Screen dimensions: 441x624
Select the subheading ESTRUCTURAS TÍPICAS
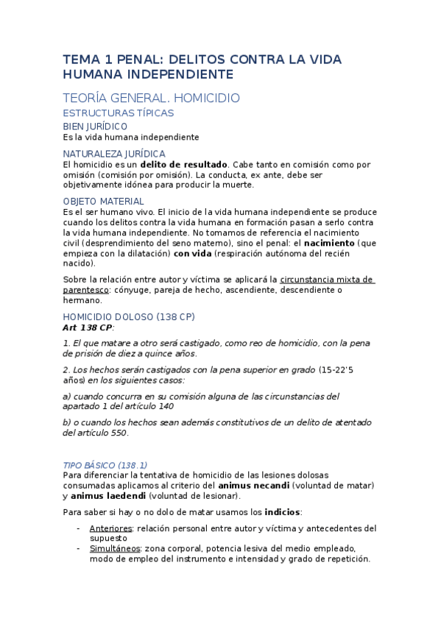(x=119, y=113)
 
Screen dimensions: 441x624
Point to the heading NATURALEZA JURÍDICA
(x=114, y=154)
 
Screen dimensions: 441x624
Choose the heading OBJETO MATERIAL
(x=103, y=201)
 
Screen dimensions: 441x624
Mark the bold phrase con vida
(x=192, y=253)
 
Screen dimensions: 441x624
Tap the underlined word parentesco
(x=86, y=290)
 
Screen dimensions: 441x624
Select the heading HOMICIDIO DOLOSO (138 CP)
(x=129, y=316)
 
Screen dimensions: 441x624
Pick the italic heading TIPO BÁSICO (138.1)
(x=105, y=465)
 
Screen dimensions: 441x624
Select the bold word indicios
(x=283, y=512)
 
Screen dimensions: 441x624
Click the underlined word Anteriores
(x=110, y=528)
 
